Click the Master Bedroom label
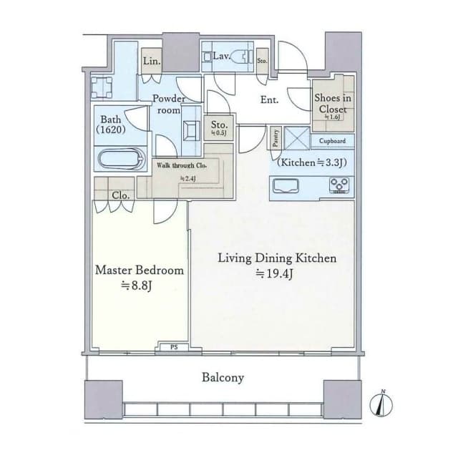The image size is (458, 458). [140, 271]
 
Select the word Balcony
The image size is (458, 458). [223, 377]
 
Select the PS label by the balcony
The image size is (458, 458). [174, 349]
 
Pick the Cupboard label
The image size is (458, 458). [332, 141]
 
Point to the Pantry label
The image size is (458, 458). [276, 138]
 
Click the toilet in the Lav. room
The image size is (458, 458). [235, 56]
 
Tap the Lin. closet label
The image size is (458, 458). [152, 62]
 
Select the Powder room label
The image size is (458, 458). [169, 104]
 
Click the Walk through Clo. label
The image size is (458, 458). [183, 165]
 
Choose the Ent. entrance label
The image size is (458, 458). [269, 100]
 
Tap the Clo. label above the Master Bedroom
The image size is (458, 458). [120, 195]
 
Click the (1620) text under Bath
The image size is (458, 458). [112, 130]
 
